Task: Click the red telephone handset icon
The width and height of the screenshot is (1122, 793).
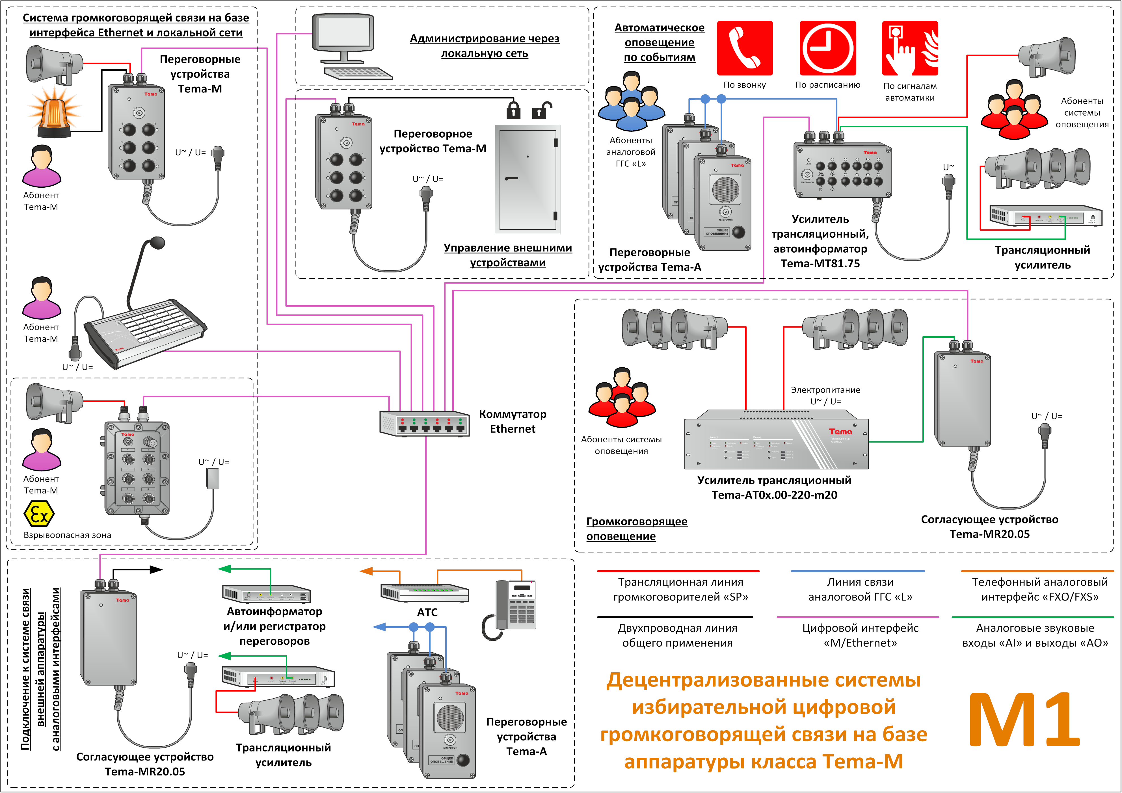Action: click(744, 48)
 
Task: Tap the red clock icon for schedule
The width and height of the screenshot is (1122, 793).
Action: click(827, 48)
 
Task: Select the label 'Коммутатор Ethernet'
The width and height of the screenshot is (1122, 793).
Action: click(512, 421)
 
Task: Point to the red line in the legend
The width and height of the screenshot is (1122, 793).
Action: click(678, 571)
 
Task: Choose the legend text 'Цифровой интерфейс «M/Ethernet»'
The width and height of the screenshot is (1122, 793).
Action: click(860, 635)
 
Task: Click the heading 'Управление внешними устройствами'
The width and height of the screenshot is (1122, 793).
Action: click(508, 255)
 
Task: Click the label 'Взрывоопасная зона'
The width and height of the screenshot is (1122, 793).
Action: click(67, 535)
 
